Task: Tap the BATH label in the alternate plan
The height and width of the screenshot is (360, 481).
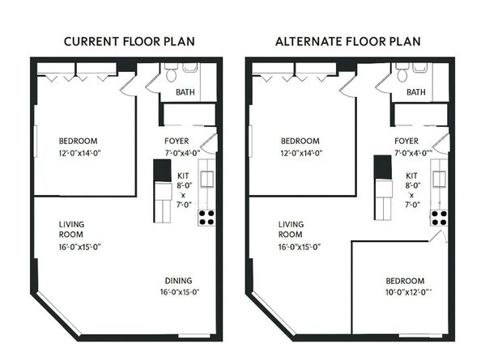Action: point(415,93)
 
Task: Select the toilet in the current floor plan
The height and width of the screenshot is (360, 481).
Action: point(171,74)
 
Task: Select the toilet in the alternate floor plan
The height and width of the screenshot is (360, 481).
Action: point(402,74)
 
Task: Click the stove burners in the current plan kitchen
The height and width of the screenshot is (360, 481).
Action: point(207,217)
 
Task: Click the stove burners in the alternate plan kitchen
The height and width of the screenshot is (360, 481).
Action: point(440,217)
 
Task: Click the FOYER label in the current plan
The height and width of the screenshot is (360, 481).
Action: point(177,141)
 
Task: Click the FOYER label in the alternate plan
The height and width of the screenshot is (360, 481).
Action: point(407,141)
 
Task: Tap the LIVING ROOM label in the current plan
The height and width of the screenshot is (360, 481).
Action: point(72,230)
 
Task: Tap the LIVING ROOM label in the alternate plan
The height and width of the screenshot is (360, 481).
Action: point(291,230)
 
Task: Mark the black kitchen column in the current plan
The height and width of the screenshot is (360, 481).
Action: point(160,171)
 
